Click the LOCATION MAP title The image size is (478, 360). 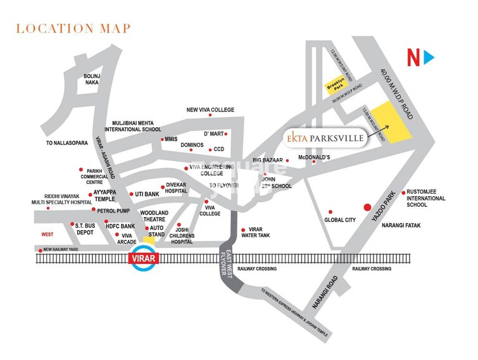click(x=73, y=28)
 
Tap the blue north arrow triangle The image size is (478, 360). click(x=429, y=58)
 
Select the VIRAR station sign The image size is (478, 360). click(x=143, y=259)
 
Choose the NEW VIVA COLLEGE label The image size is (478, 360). click(x=210, y=109)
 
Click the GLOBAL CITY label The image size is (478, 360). click(x=341, y=221)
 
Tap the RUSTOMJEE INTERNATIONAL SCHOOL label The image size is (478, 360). click(x=425, y=198)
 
